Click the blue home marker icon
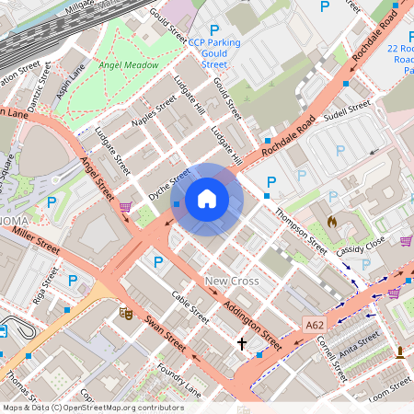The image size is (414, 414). (x=206, y=200)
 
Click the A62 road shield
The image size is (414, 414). (x=315, y=324)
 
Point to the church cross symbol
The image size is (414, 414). (x=242, y=343)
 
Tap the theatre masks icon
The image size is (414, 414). (x=125, y=314)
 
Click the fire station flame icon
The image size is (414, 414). (x=332, y=222)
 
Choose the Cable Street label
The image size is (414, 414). (x=190, y=308)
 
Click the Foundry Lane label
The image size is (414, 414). (x=179, y=379)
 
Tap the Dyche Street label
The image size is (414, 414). (x=169, y=182)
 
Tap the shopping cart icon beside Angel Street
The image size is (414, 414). (x=125, y=206)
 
